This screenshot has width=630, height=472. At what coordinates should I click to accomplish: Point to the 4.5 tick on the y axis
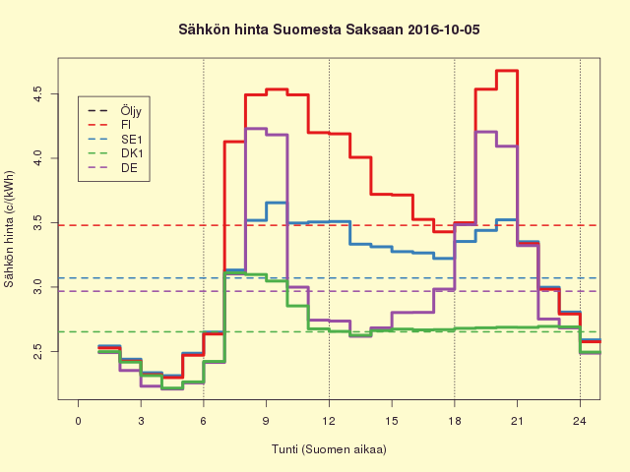pos(38,94)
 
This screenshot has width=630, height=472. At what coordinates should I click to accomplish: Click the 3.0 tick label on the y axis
pos(38,286)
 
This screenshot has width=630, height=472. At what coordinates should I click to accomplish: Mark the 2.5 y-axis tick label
pos(38,350)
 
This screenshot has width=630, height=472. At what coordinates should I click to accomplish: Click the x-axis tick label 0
pos(79,421)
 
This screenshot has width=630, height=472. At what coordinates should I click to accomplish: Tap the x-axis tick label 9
pos(267,421)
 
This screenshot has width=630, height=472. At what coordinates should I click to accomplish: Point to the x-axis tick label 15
pos(392,421)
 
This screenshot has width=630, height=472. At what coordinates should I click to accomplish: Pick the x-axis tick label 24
pos(580,421)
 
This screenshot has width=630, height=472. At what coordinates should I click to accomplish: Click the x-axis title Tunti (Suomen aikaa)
pos(329,449)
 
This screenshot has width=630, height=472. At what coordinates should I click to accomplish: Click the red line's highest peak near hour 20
pos(507,71)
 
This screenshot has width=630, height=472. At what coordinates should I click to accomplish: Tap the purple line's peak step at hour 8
pos(256,129)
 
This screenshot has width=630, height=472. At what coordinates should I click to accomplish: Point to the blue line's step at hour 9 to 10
pos(277,203)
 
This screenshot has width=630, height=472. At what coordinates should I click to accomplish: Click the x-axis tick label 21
pos(517,421)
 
